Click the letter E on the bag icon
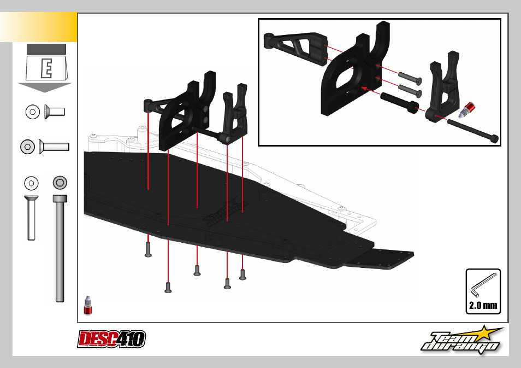click(46, 68)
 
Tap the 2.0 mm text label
click(483, 306)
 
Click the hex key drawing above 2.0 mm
click(482, 285)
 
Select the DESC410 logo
click(111, 339)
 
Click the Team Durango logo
click(462, 340)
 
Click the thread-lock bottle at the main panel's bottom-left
click(88, 305)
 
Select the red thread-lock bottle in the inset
click(467, 110)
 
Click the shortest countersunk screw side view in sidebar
click(55, 112)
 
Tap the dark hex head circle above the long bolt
click(60, 183)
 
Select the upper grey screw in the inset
click(410, 78)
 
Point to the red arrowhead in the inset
click(364, 89)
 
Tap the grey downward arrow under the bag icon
click(45, 87)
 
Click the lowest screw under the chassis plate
click(168, 288)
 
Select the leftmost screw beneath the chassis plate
click(148, 249)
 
